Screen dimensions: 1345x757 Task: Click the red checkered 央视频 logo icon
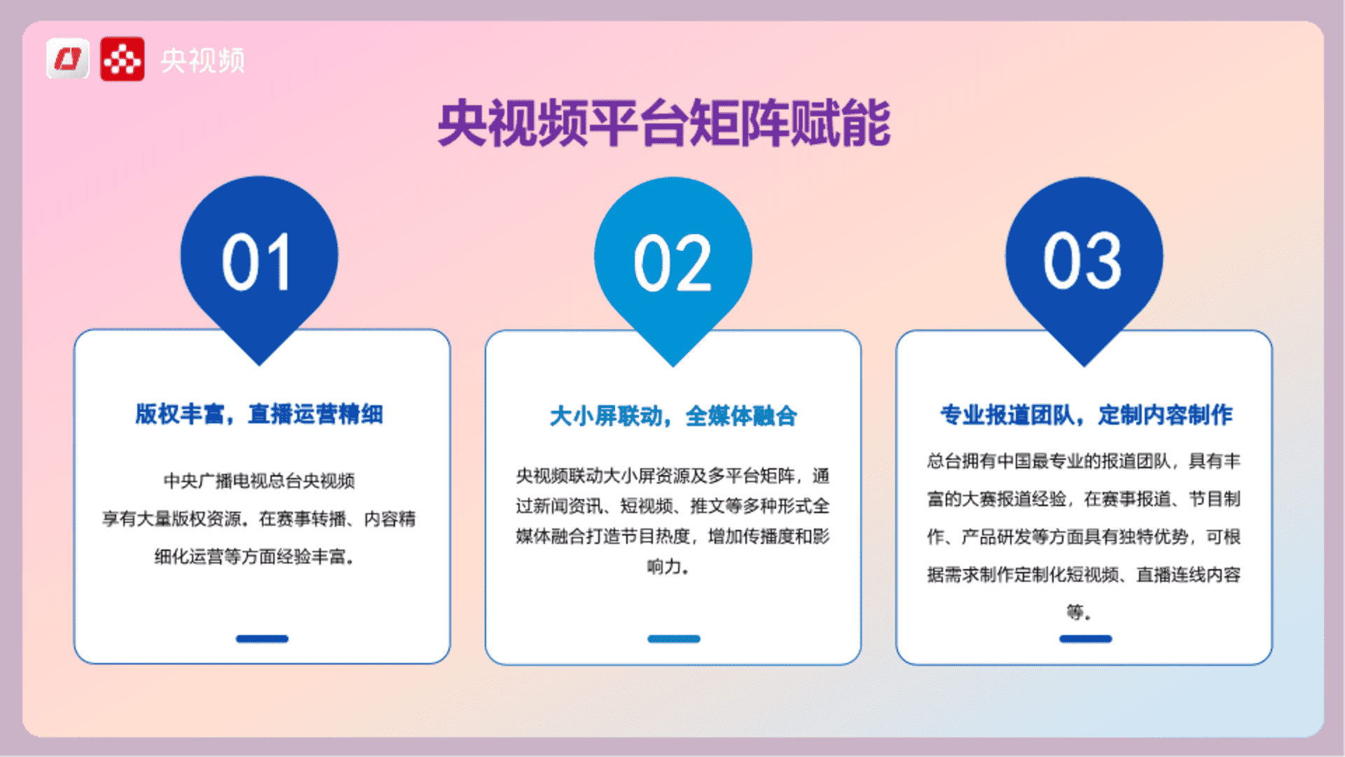tap(123, 59)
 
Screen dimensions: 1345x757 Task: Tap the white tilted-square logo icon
tap(68, 58)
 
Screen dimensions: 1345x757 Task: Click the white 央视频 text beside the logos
tap(202, 60)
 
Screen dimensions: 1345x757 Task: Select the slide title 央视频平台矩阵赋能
tap(664, 123)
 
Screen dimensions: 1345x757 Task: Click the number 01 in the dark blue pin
tap(256, 262)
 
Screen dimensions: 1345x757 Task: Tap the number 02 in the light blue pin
tap(672, 264)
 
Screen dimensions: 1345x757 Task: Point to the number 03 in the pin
tap(1083, 261)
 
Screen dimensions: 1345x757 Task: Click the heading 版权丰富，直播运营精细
tap(259, 414)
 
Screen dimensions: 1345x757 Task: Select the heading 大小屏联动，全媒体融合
tap(673, 416)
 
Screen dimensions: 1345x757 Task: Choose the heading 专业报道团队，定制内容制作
tap(1087, 415)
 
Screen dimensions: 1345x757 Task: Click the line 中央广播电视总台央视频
tap(259, 481)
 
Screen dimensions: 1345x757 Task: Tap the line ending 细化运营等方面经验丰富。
tap(255, 557)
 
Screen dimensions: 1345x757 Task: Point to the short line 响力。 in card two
tap(668, 566)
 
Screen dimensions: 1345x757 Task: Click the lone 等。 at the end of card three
tap(1079, 613)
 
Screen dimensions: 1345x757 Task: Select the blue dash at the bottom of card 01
tap(262, 639)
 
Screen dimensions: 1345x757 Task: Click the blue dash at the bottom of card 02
tap(674, 639)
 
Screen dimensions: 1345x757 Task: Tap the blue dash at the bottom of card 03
tap(1086, 639)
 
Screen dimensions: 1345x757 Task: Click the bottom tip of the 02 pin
tap(673, 367)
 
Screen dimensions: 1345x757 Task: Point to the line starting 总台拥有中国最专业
tap(1084, 461)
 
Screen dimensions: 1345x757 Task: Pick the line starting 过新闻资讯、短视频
tap(672, 506)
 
